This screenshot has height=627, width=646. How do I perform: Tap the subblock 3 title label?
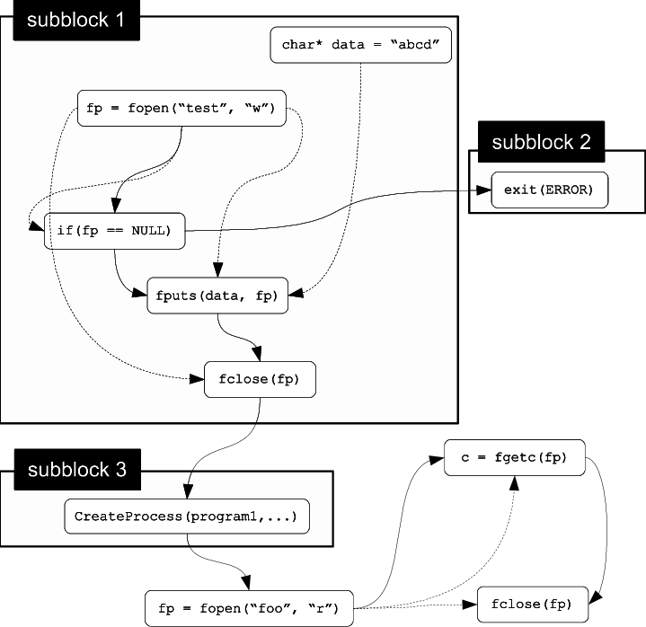point(77,469)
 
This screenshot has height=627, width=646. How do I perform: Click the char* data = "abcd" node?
point(360,45)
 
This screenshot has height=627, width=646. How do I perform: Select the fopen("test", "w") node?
point(181,110)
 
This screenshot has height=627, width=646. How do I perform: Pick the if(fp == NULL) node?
point(114,231)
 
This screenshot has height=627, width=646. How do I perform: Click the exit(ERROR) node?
point(550,190)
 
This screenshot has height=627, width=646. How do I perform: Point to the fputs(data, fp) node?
point(218,296)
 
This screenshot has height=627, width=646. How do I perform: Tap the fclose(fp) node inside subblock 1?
point(261,378)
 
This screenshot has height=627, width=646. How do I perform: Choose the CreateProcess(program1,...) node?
point(187,517)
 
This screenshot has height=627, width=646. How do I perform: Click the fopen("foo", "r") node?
point(249,607)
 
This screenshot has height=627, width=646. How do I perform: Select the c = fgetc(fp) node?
point(514,457)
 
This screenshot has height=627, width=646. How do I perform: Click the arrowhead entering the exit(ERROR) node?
point(485,190)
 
